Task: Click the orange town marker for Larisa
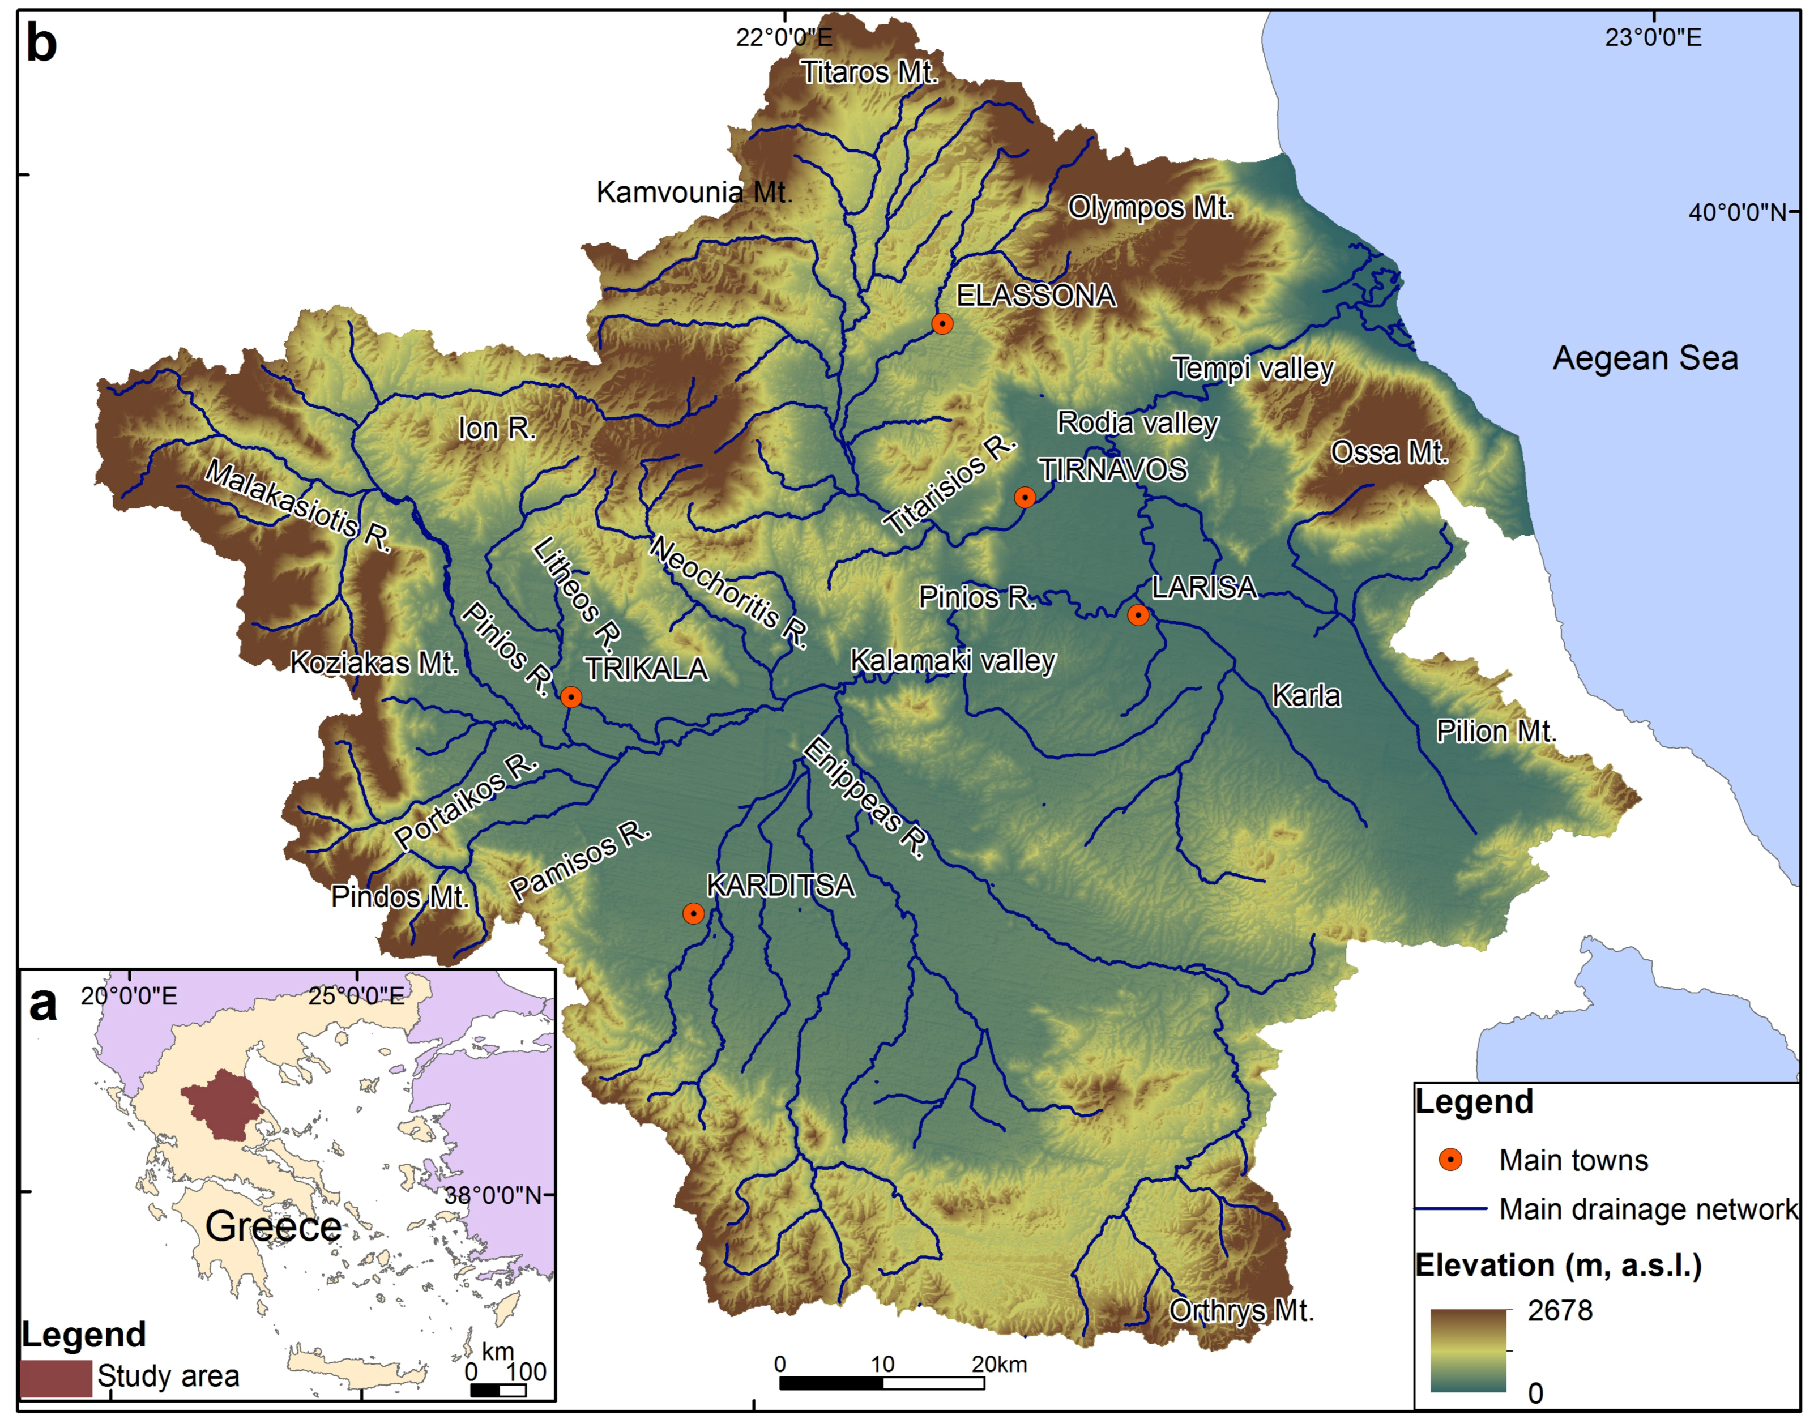pyautogui.click(x=1138, y=614)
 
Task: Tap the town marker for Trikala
pyautogui.click(x=571, y=696)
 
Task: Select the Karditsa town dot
pyautogui.click(x=693, y=913)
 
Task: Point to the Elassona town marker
pyautogui.click(x=942, y=323)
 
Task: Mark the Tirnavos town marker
pyautogui.click(x=1025, y=497)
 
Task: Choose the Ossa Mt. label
pyautogui.click(x=1389, y=452)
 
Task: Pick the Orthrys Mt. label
pyautogui.click(x=1241, y=1310)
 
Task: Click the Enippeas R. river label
pyautogui.click(x=864, y=797)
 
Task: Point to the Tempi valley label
pyautogui.click(x=1253, y=368)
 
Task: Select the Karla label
pyautogui.click(x=1305, y=695)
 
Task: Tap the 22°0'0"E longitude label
pyautogui.click(x=783, y=37)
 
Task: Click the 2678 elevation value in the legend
pyautogui.click(x=1560, y=1310)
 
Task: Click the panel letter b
pyautogui.click(x=41, y=43)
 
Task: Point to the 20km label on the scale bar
pyautogui.click(x=999, y=1365)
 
